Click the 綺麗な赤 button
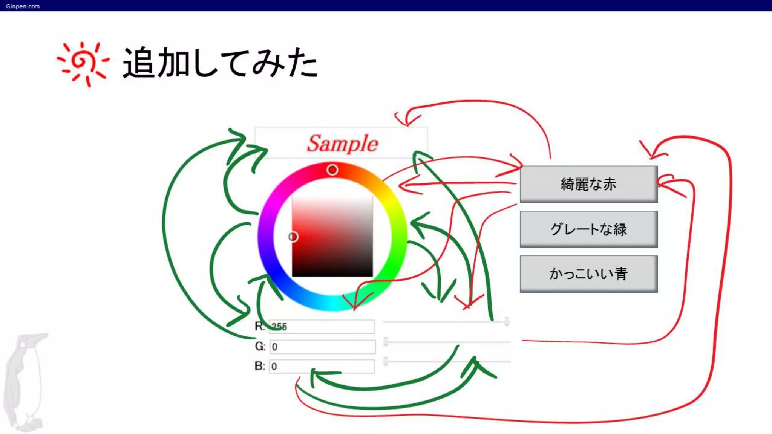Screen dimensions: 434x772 [x=588, y=184]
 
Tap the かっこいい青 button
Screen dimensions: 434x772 [x=588, y=274]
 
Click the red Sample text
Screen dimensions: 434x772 [x=342, y=144]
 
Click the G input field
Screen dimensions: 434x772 [x=323, y=347]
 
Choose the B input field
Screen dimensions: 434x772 [x=322, y=366]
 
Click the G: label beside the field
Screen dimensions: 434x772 [x=260, y=346]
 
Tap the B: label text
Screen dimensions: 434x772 [x=260, y=366]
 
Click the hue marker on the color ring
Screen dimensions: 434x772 [x=332, y=170]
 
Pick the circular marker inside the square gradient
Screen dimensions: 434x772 [x=293, y=237]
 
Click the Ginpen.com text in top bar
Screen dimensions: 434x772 [x=23, y=6]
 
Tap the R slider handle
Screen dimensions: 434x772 [x=507, y=322]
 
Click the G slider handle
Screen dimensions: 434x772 [x=386, y=342]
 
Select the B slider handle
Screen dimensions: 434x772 [x=386, y=361]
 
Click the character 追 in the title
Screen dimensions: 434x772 [x=139, y=63]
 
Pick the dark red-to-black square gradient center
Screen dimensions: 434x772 [x=332, y=237]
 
